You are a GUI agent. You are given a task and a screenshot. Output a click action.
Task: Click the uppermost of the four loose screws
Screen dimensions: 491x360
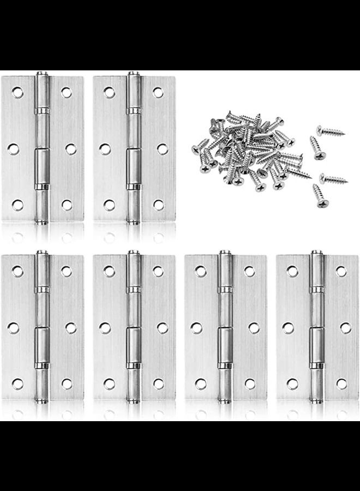pyautogui.click(x=330, y=130)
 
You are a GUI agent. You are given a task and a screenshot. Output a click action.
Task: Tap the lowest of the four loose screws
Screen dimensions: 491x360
pyautogui.click(x=320, y=195)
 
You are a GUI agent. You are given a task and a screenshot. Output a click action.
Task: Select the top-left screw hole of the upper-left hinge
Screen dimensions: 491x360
pyautogui.click(x=18, y=92)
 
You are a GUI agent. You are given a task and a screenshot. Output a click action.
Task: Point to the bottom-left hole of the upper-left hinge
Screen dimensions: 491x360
pyautogui.click(x=18, y=205)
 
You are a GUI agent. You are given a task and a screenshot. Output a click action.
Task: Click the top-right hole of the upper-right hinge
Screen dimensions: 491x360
pyautogui.click(x=158, y=92)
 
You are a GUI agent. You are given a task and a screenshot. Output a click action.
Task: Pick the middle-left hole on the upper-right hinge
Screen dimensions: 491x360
pyautogui.click(x=105, y=148)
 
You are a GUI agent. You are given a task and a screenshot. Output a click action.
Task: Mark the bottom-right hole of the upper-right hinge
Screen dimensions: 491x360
pyautogui.click(x=158, y=205)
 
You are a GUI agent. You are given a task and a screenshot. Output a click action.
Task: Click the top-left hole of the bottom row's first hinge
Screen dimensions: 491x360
pyautogui.click(x=18, y=271)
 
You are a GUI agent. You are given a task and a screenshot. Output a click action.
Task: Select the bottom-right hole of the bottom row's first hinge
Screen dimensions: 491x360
pyautogui.click(x=67, y=384)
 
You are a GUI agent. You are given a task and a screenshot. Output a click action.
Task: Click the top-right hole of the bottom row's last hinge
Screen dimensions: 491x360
pyautogui.click(x=341, y=271)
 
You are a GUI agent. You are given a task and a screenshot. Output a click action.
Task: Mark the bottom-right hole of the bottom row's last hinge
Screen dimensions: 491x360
pyautogui.click(x=341, y=384)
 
